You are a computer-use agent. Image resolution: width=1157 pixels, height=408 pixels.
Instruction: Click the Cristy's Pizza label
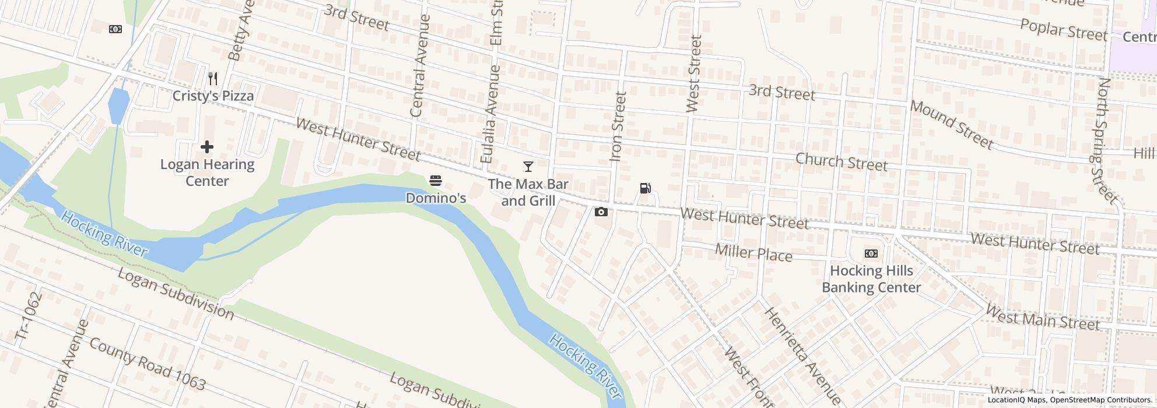[x=213, y=96]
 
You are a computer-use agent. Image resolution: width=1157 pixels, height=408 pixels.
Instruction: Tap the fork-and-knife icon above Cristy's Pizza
[x=213, y=79]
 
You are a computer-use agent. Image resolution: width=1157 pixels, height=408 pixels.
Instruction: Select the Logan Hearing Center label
[x=207, y=173]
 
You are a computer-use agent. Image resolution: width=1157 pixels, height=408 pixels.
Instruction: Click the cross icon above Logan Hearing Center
[x=207, y=147]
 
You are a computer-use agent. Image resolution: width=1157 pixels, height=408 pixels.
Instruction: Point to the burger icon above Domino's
[x=436, y=181]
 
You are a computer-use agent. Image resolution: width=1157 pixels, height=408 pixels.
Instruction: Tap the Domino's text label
[x=436, y=198]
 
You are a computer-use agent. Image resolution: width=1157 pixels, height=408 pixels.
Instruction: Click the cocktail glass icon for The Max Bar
[x=528, y=167]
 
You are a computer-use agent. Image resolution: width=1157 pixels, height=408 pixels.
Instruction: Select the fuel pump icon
[x=645, y=188]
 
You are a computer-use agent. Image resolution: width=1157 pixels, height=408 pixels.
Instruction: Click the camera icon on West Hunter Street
[x=601, y=212]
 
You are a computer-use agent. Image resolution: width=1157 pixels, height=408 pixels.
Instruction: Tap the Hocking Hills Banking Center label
[x=871, y=279]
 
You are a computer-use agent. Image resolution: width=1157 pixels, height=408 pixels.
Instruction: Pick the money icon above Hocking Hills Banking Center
[x=871, y=254]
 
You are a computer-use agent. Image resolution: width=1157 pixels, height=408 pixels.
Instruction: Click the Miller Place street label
[x=753, y=252]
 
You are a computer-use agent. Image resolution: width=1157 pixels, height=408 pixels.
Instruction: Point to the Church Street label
[x=841, y=162]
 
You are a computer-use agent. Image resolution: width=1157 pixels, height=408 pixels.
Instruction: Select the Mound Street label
[x=951, y=124]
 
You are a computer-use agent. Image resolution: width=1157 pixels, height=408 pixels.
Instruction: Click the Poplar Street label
[x=1064, y=29]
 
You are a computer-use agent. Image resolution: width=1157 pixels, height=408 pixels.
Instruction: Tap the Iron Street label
[x=618, y=126]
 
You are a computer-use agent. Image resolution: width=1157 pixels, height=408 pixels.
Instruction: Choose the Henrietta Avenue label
[x=802, y=356]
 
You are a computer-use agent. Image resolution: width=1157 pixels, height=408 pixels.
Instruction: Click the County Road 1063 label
[x=147, y=363]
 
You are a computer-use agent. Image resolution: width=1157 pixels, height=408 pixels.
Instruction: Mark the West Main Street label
[x=1042, y=318]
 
